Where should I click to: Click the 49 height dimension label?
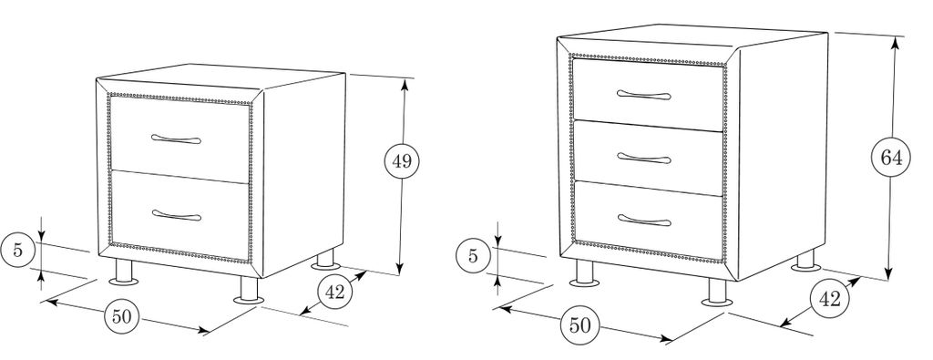(x=402, y=160)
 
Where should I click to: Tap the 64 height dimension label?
(x=891, y=159)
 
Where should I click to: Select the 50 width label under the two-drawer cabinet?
(x=121, y=316)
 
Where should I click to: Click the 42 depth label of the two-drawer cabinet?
(x=335, y=293)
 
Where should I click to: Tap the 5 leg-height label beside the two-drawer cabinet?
(x=18, y=250)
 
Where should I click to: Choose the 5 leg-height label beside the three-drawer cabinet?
(x=473, y=256)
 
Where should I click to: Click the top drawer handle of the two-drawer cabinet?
(x=176, y=139)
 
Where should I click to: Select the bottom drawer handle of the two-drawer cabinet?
(x=177, y=214)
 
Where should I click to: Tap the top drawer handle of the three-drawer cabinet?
(x=644, y=95)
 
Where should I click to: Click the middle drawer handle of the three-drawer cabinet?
(x=644, y=159)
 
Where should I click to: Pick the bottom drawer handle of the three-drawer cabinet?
(x=644, y=221)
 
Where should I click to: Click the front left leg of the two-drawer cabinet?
(x=124, y=272)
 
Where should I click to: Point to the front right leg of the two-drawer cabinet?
(x=249, y=290)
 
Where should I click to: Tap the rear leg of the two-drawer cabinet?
(x=325, y=260)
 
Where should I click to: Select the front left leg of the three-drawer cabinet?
(x=584, y=274)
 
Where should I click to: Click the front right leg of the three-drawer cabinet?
(x=718, y=293)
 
